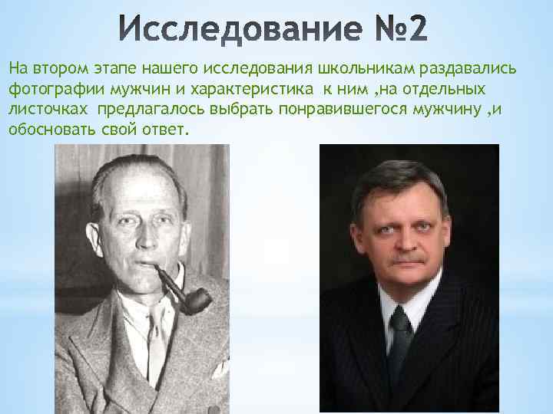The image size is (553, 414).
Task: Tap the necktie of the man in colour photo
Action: [399, 337]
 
